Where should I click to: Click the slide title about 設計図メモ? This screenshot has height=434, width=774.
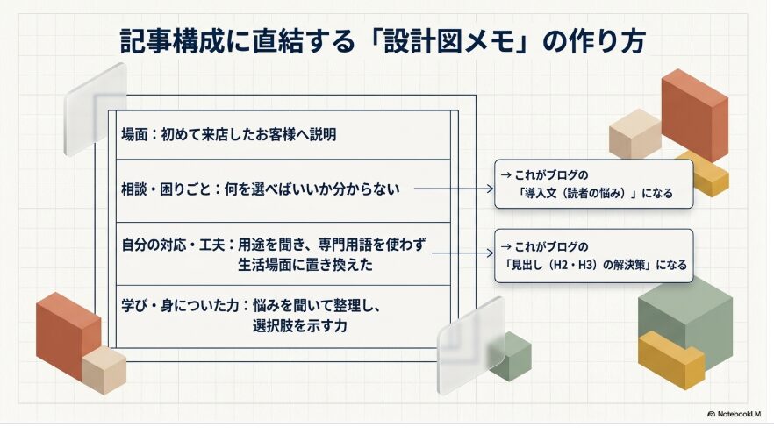[383, 41]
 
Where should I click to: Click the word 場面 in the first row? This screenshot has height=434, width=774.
[134, 134]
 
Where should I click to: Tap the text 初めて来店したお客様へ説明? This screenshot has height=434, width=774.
[248, 134]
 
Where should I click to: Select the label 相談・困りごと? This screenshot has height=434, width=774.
[167, 189]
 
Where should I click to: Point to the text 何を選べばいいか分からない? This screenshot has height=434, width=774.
[312, 189]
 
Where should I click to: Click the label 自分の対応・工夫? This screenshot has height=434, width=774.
[173, 245]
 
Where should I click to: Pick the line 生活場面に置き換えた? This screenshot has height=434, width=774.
[305, 265]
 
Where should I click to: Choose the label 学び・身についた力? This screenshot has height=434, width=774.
[180, 306]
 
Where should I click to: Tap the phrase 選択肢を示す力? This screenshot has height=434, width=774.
[299, 325]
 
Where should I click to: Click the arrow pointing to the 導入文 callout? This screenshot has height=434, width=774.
[454, 189]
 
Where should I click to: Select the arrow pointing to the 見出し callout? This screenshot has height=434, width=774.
[462, 253]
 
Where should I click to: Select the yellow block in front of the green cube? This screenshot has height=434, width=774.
[671, 359]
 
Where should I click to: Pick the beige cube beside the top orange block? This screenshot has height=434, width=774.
[634, 133]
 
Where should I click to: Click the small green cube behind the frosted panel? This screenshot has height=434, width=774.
[512, 355]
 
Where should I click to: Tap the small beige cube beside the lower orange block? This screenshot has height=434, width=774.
[104, 369]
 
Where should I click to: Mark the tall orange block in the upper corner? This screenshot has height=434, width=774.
[694, 116]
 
